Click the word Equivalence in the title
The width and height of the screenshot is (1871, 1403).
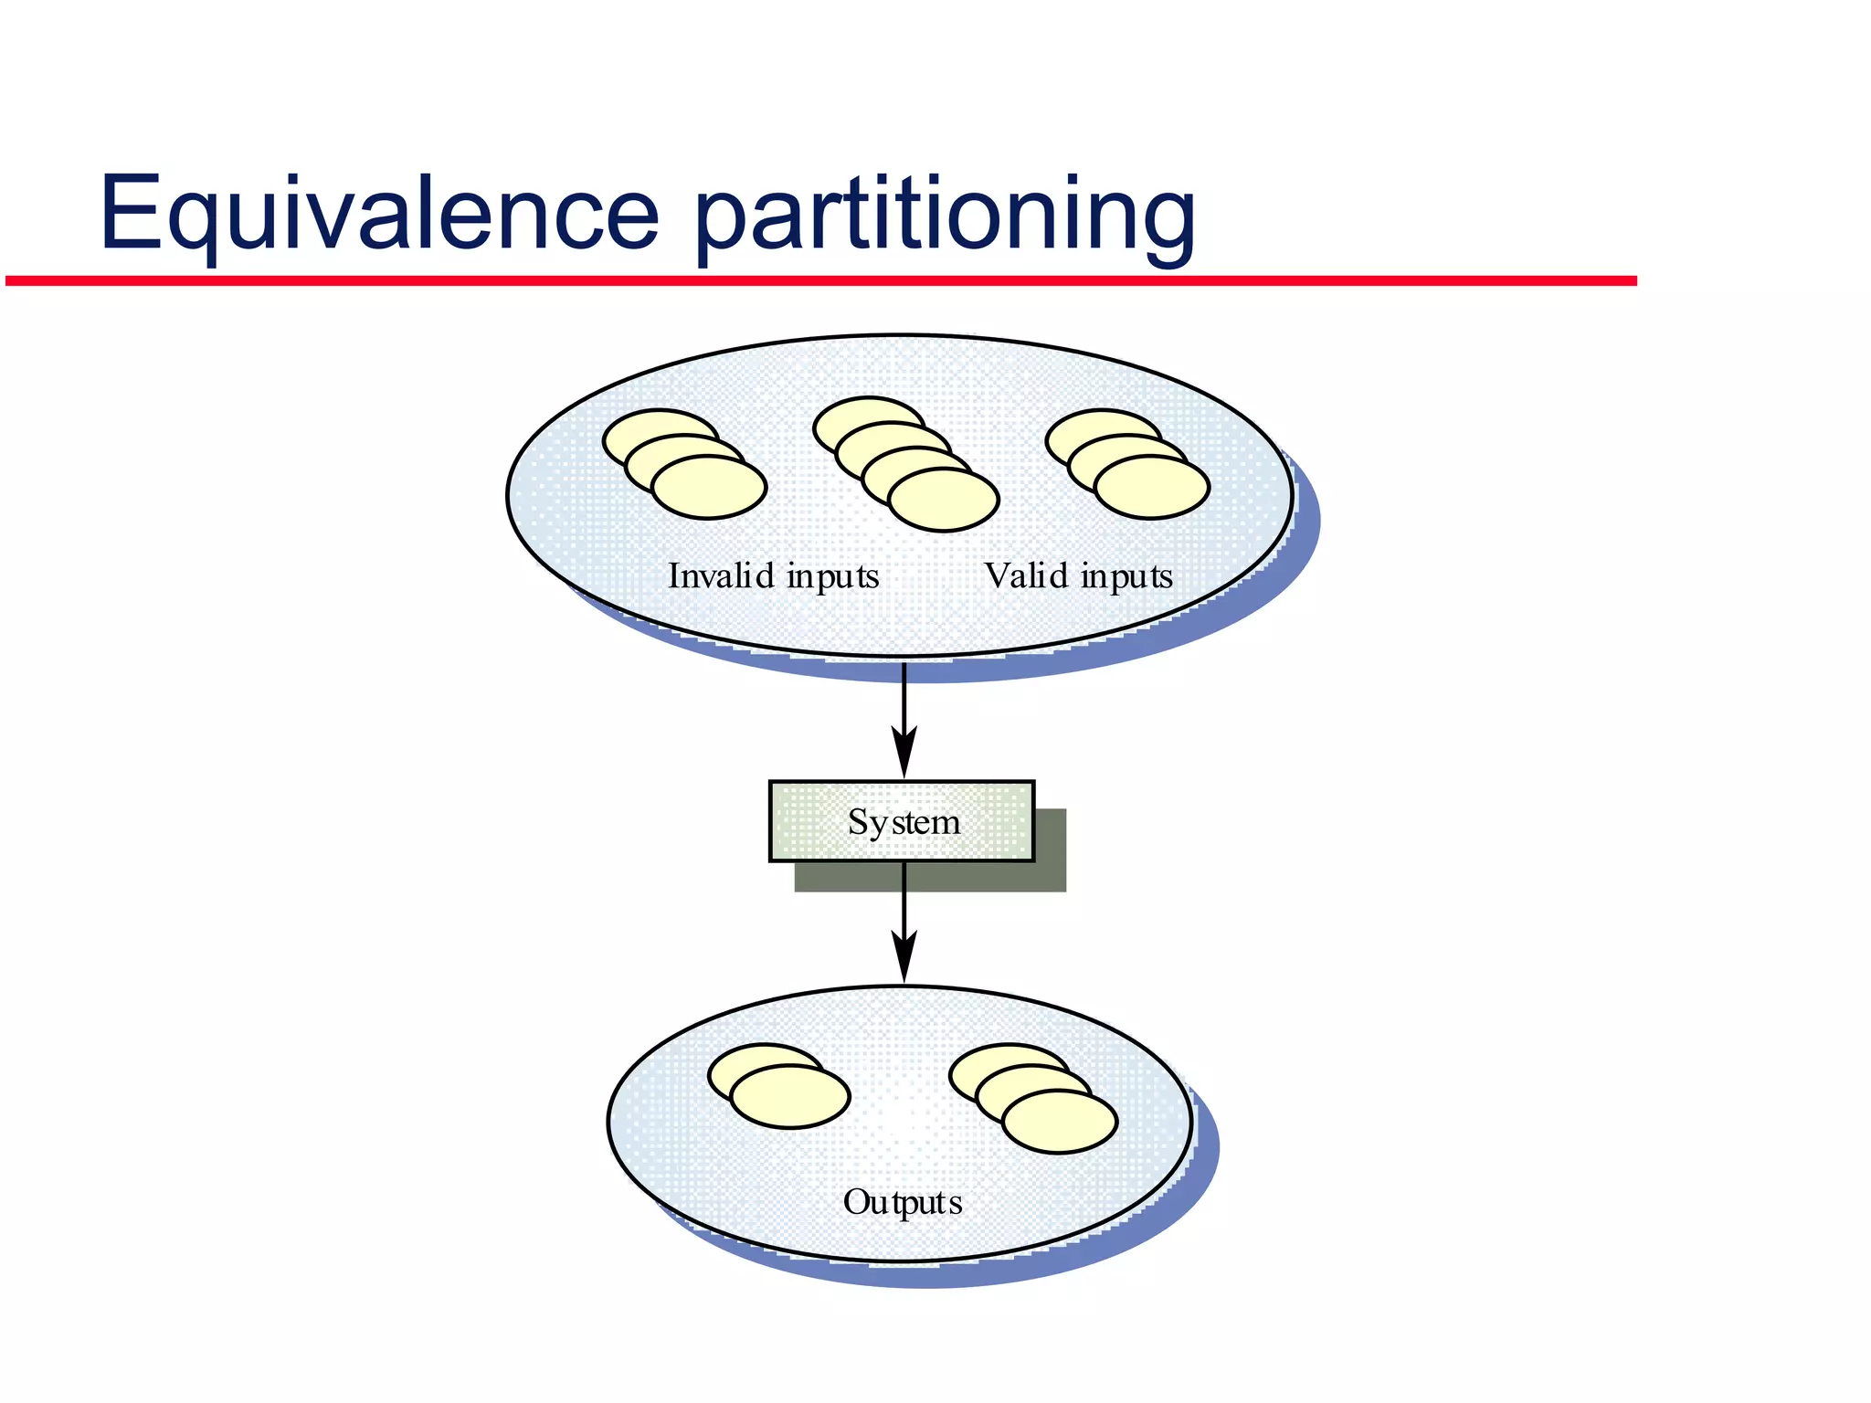coord(378,212)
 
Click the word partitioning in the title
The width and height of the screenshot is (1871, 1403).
coord(945,216)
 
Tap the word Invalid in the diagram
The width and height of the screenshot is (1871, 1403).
coord(721,575)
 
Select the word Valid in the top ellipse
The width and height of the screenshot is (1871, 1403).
coord(1027,575)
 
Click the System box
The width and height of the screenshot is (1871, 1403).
coord(902,821)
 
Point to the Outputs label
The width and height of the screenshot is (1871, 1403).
coord(903,1202)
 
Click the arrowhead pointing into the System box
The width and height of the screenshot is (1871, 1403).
coord(904,754)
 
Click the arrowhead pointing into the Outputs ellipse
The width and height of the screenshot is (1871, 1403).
coord(904,959)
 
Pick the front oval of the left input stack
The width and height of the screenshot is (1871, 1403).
coord(710,488)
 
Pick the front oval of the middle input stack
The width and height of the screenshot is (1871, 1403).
coord(944,501)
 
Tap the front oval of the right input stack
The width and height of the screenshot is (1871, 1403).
coord(1152,488)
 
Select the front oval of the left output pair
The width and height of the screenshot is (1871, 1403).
coord(790,1097)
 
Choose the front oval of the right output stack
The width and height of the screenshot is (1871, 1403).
coord(1060,1123)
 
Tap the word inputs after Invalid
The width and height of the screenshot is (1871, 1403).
coord(832,577)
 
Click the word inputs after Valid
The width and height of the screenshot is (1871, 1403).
coord(1126,577)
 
